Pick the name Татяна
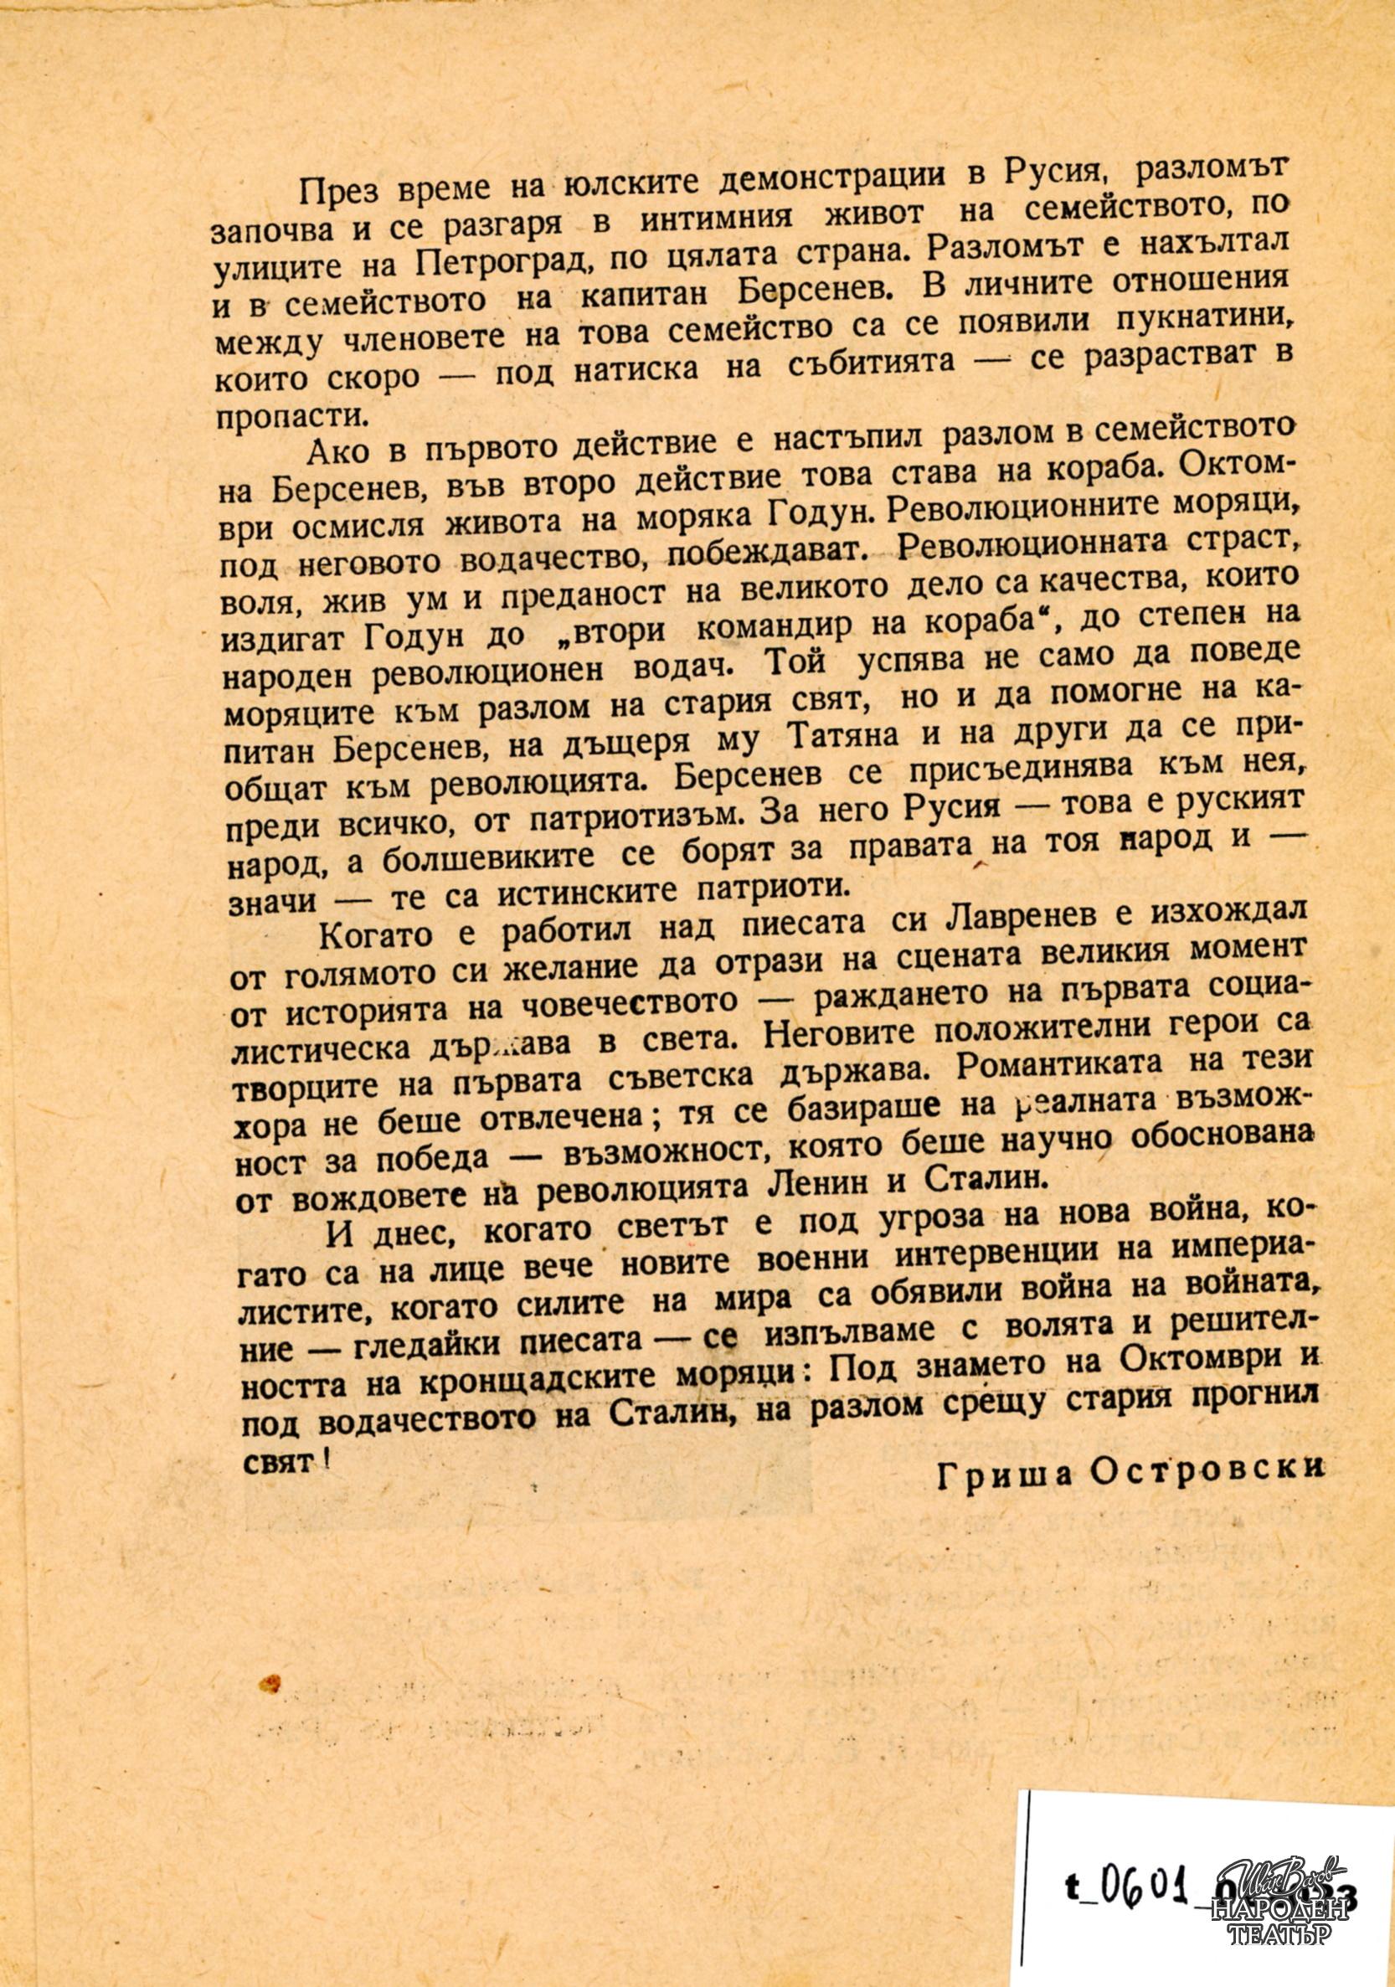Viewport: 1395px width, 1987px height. click(x=822, y=743)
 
